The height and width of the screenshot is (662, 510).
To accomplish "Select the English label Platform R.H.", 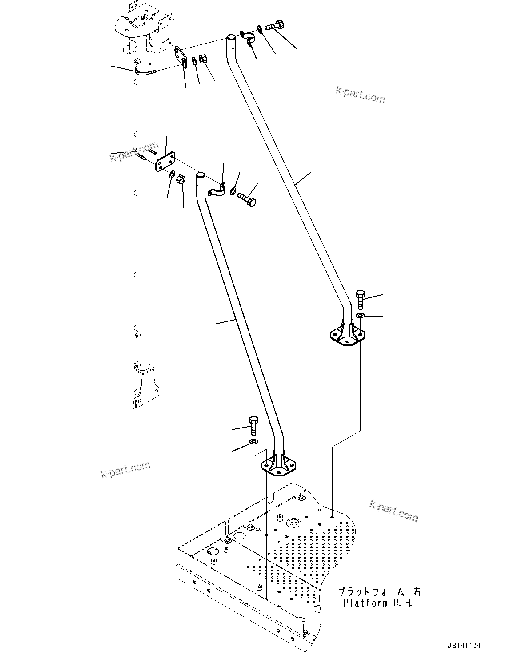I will (378, 603).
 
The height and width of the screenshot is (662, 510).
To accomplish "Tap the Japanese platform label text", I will (379, 592).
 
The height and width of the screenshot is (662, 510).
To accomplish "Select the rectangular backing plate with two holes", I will (165, 161).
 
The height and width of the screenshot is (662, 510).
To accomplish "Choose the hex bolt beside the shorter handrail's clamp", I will (247, 198).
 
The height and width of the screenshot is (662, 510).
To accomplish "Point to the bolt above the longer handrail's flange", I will (360, 299).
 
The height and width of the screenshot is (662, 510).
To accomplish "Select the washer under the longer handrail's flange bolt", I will (360, 316).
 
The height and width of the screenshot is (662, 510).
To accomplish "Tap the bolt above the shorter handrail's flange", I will (253, 426).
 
